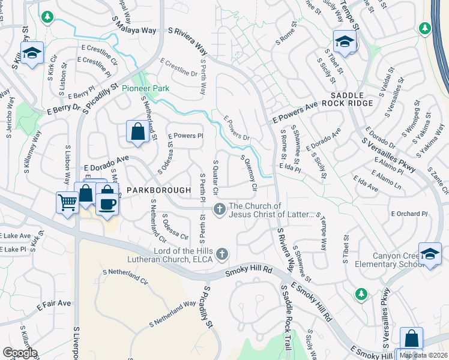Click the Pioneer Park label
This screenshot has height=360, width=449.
[x=145, y=88]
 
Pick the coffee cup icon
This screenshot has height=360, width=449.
[x=107, y=203]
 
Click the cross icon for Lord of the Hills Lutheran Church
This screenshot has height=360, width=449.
[x=222, y=254]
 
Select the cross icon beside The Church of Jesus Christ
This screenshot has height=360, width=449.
[x=220, y=209]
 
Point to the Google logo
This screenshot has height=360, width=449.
[x=20, y=353]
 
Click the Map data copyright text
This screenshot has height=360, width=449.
[x=423, y=355]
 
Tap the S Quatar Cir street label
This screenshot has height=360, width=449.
[x=215, y=174]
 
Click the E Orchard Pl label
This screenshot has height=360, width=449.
[x=409, y=214]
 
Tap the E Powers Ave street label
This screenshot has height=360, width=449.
[x=294, y=112]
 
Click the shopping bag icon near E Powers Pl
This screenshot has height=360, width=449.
[x=137, y=132]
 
